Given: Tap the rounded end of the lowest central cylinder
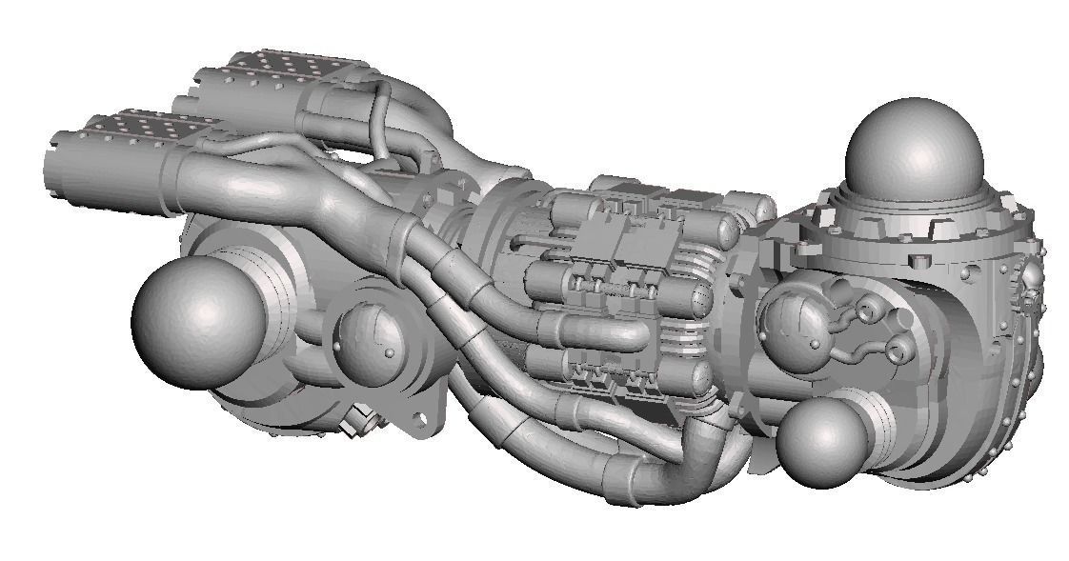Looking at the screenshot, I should click(x=700, y=376).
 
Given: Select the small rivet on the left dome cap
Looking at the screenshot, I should click(x=390, y=352).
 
